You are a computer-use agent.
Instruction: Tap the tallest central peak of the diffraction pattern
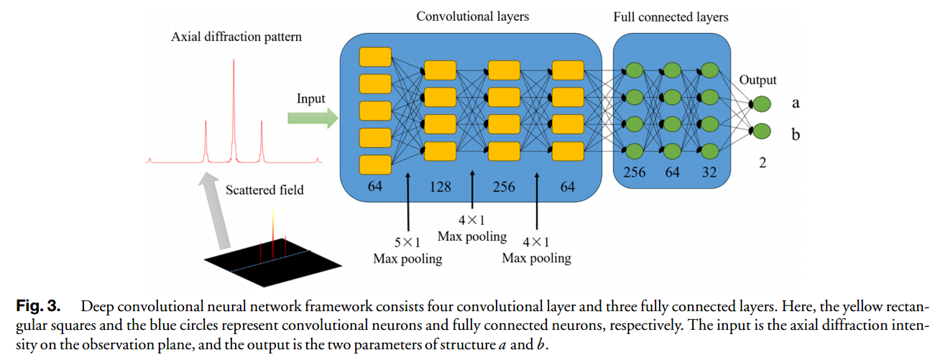(233, 108)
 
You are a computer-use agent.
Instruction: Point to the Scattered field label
(264, 190)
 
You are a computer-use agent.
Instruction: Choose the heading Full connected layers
(671, 17)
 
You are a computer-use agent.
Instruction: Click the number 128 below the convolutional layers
(440, 187)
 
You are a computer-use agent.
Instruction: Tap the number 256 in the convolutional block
(503, 187)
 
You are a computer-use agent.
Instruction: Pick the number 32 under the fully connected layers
(708, 172)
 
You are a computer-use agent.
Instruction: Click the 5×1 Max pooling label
(407, 250)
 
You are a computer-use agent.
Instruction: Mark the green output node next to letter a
(761, 104)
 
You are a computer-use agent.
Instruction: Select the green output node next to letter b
(761, 131)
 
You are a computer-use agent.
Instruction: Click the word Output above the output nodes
(757, 80)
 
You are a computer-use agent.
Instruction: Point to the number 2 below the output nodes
(762, 164)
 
